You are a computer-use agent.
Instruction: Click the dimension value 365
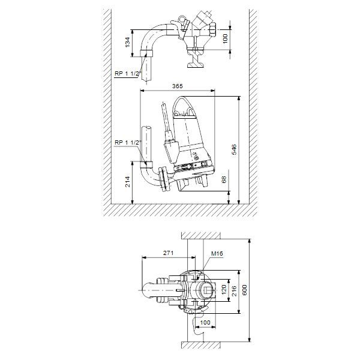tap(177, 86)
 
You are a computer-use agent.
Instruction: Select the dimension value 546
tap(234, 149)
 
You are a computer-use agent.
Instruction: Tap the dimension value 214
tap(128, 182)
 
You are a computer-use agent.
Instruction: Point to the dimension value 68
tap(224, 179)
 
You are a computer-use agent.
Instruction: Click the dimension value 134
tap(128, 42)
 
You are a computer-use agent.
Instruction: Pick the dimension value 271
tap(168, 253)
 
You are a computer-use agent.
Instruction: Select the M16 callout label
tap(217, 253)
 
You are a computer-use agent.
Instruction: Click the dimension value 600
tap(245, 290)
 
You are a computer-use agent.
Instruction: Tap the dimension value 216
tap(234, 291)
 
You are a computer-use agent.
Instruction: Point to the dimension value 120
tap(224, 290)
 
